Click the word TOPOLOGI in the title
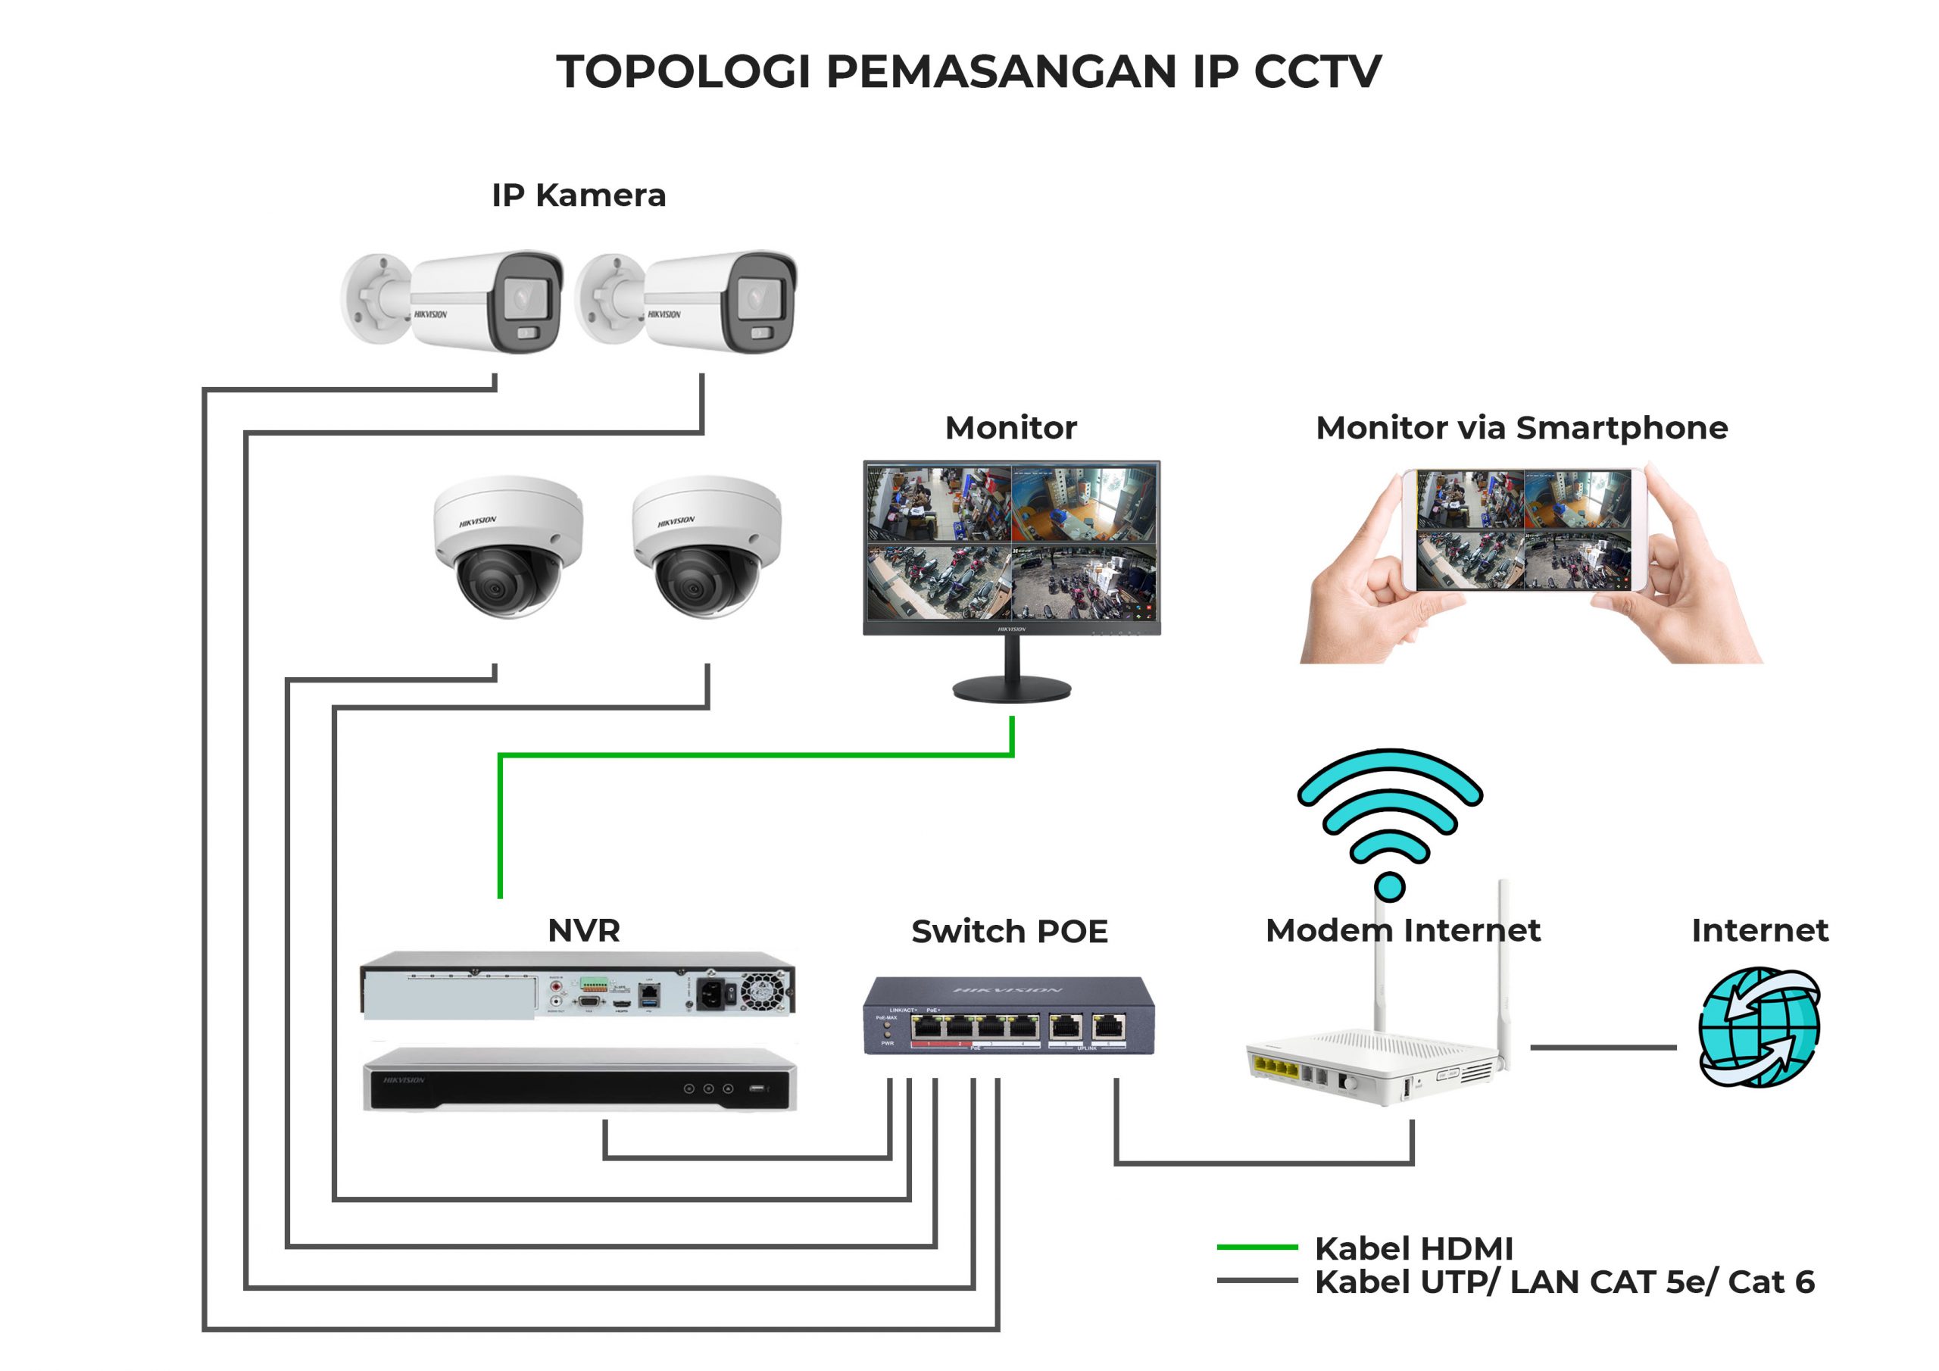683,71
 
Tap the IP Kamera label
579,195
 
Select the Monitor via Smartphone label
1521,427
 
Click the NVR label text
583,930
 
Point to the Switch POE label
1009,931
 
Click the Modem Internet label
1403,930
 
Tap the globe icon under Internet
1759,1026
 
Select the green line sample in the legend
1257,1247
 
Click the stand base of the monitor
1012,689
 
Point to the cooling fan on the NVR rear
763,991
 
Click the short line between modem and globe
1603,1048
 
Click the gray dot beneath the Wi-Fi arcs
1389,886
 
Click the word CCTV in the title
1317,71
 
